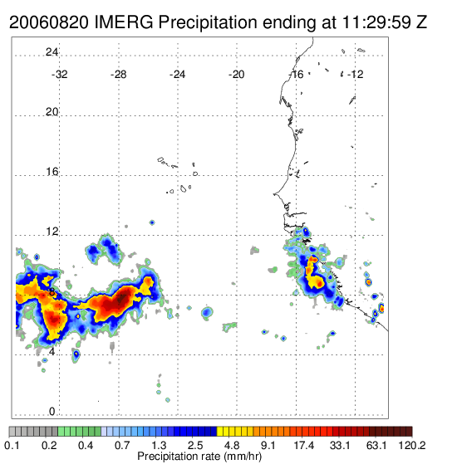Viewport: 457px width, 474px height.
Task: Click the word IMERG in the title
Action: point(124,22)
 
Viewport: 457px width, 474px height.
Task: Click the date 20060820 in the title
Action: point(49,22)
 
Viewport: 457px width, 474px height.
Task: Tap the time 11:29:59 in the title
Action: point(376,22)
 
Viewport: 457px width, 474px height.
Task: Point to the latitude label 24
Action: point(52,52)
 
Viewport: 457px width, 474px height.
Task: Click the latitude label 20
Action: point(52,112)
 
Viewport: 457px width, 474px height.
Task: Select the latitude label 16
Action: point(52,172)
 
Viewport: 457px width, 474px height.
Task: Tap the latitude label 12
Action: point(52,232)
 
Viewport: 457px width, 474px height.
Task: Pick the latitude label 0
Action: point(52,412)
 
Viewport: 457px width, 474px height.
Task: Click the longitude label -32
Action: point(59,75)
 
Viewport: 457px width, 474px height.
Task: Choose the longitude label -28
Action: point(118,75)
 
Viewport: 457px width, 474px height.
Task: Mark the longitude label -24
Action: point(177,75)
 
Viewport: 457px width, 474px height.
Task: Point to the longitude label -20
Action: point(236,75)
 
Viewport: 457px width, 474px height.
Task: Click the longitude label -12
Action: point(356,75)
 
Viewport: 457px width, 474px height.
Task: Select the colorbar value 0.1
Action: point(12,445)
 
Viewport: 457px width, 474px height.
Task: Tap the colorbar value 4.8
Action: point(232,445)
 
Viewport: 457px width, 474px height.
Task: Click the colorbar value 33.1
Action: point(340,445)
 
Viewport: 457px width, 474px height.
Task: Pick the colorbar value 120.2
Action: point(412,445)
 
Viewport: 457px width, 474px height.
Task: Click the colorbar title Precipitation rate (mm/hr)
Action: point(199,457)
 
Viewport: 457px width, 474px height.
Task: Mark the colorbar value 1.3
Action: point(159,445)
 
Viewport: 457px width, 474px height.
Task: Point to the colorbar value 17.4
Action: point(304,445)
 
